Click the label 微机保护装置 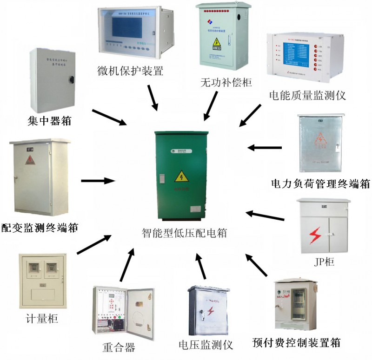click(x=131, y=72)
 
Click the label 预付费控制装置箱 click(x=296, y=343)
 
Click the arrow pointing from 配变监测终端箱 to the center click(x=98, y=180)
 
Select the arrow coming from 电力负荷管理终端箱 click(x=265, y=148)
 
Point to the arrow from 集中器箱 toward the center click(x=109, y=117)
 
